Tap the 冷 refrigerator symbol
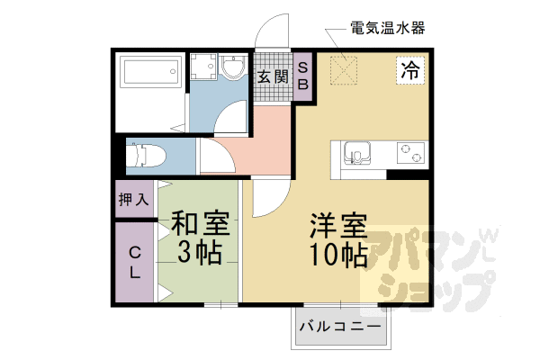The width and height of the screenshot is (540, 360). [x=410, y=70]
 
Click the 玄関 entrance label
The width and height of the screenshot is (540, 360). [x=273, y=77]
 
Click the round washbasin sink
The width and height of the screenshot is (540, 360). [x=234, y=68]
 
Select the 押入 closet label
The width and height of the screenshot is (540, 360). [x=133, y=199]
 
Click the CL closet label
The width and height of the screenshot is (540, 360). [x=133, y=260]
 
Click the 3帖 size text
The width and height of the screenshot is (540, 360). [x=199, y=253]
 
